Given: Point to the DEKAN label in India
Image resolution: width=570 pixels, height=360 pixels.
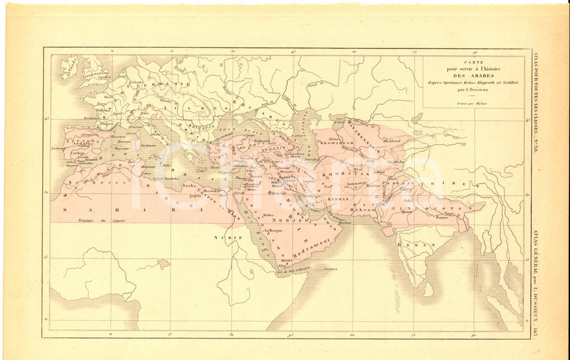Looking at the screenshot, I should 408,244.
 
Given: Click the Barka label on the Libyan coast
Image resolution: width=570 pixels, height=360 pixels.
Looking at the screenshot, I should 189,186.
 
